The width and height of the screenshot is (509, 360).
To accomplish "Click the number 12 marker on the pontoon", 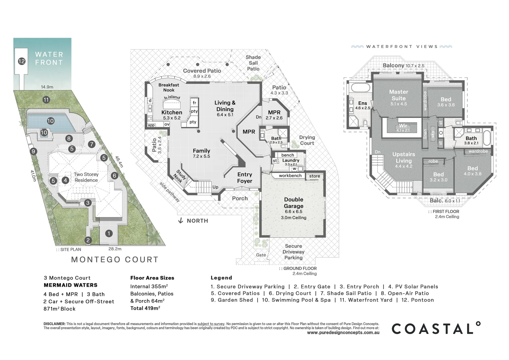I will [x=22, y=61].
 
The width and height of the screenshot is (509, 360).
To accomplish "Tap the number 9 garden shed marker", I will [x=33, y=152].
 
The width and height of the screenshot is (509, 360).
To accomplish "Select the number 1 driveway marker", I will [x=109, y=233].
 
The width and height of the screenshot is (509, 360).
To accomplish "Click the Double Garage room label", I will [x=293, y=203].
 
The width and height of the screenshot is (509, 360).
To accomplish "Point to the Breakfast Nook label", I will [x=169, y=87].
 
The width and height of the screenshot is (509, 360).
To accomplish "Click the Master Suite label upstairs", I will [x=398, y=95].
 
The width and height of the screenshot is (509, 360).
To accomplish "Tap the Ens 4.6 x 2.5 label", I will [x=362, y=105].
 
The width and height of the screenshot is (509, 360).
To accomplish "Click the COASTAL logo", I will [x=436, y=329].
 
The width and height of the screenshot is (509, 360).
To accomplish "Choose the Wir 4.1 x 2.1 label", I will [x=403, y=128].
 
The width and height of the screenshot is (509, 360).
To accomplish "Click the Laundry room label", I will [x=290, y=160].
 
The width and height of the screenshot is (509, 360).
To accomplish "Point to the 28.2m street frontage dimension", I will [x=115, y=249].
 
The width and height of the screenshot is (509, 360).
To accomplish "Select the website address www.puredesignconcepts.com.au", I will [x=343, y=333].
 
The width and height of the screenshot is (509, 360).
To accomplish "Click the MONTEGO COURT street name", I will [x=115, y=260].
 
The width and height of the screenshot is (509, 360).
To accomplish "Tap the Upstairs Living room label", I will [x=404, y=157].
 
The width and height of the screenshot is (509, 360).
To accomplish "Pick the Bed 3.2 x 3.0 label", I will [x=438, y=177].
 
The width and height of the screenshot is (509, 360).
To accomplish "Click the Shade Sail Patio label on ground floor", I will [x=253, y=63].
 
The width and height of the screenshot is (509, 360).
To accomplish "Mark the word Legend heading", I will [x=221, y=278].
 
